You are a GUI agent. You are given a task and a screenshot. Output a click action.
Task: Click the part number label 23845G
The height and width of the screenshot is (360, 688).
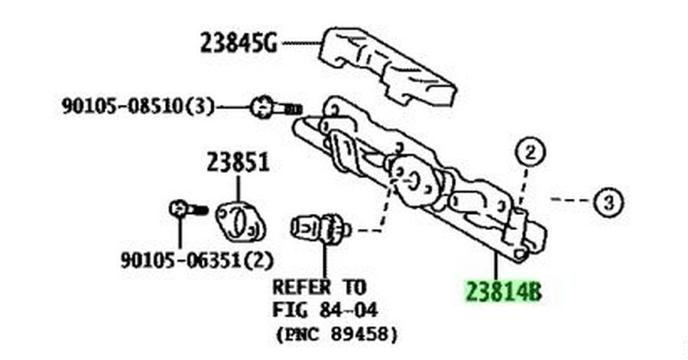coord(239,44)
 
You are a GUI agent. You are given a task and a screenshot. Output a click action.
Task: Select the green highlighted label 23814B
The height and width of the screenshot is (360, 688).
coord(503,292)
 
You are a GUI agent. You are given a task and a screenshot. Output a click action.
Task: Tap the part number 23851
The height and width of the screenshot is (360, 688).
coord(238,163)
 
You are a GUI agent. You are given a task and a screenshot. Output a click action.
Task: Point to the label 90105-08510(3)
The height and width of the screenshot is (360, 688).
coord(138,106)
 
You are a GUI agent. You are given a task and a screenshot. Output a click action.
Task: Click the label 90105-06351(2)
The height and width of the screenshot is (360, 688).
coord(197,260)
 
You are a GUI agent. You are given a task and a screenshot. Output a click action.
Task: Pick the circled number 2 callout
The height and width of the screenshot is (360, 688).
coord(530,153)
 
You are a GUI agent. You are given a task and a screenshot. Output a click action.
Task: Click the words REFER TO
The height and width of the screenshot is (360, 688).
coord(319,287)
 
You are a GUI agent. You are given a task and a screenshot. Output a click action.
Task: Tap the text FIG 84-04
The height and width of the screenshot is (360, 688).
coord(325,310)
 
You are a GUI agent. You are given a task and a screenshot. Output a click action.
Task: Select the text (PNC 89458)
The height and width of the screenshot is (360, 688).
coord(337,335)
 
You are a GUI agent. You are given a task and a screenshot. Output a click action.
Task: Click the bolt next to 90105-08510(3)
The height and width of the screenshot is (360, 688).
coord(275,108)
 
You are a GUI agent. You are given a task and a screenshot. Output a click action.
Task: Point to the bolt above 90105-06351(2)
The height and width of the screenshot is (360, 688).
coord(188,209)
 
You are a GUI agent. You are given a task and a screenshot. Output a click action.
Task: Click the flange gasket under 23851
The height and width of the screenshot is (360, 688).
coord(241,222)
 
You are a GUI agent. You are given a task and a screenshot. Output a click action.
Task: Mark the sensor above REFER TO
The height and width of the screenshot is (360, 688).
coord(321,229)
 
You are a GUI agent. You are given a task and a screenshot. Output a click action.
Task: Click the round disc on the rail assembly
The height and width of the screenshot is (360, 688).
coord(414,181)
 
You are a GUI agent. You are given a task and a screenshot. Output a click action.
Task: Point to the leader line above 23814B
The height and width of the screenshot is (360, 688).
coord(496,265)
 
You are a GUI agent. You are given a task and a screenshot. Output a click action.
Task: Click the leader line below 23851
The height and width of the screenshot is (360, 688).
coord(239,189)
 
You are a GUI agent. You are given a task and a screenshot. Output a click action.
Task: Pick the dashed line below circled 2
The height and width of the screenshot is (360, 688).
coord(523,188)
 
